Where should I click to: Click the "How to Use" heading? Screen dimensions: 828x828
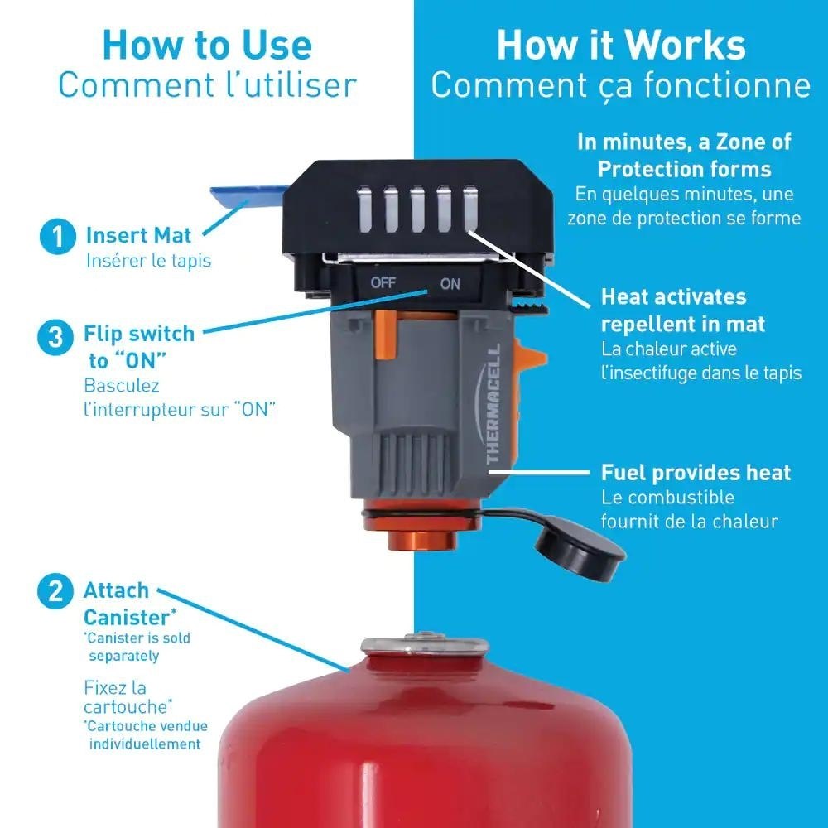click(x=207, y=46)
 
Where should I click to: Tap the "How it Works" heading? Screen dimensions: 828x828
click(x=621, y=46)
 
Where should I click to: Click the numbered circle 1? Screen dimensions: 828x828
click(x=58, y=236)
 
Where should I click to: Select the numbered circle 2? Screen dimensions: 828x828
click(x=55, y=591)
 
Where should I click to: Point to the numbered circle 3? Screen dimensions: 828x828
click(x=55, y=337)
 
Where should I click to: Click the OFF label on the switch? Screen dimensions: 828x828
click(x=383, y=283)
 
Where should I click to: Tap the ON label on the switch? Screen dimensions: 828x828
click(x=450, y=284)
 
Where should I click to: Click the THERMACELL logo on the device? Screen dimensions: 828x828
click(x=493, y=404)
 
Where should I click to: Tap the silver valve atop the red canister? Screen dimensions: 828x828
click(x=424, y=645)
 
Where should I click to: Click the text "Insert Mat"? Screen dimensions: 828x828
click(x=138, y=235)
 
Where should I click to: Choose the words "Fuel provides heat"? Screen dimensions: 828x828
click(x=696, y=473)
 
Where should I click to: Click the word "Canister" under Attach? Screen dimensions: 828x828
click(x=127, y=618)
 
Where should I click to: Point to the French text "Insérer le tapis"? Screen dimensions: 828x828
click(x=148, y=261)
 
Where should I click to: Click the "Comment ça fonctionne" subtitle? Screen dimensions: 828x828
click(x=620, y=86)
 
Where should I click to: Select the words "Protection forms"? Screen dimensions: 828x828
click(x=685, y=170)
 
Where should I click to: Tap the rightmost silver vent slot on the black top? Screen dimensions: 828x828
click(x=470, y=209)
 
